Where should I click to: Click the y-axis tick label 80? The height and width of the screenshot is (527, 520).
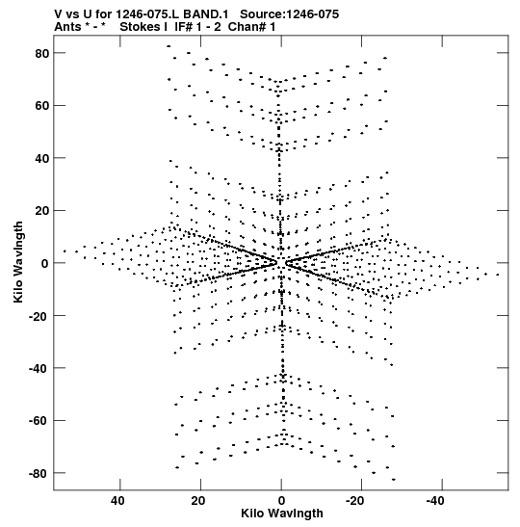coord(42,53)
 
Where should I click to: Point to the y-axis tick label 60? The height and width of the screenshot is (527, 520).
coord(42,106)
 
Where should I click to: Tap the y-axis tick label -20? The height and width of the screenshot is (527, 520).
coord(39,316)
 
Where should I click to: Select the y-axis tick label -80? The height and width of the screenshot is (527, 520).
coord(39,474)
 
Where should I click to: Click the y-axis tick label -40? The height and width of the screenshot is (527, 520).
coord(39,369)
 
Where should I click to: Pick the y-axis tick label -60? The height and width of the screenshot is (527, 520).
coord(39,421)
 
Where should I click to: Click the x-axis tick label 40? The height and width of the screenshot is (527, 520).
coord(117,501)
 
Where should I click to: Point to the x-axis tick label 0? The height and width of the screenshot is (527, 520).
coord(281,501)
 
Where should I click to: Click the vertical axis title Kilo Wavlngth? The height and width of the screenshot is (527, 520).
coord(18,262)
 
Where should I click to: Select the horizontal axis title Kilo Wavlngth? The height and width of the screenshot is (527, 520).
coord(282,514)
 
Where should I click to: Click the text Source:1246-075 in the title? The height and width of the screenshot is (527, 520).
coord(290,14)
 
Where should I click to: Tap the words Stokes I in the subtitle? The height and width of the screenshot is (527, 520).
coord(143,27)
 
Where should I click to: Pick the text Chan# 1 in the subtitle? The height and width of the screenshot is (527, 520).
coord(251,27)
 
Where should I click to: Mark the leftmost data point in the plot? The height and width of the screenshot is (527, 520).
coord(65,251)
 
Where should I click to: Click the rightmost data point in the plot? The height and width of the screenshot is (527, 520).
coord(498,275)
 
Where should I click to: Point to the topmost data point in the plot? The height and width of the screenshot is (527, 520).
coord(169,46)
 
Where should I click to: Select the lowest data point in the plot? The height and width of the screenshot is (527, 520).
coord(394,479)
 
